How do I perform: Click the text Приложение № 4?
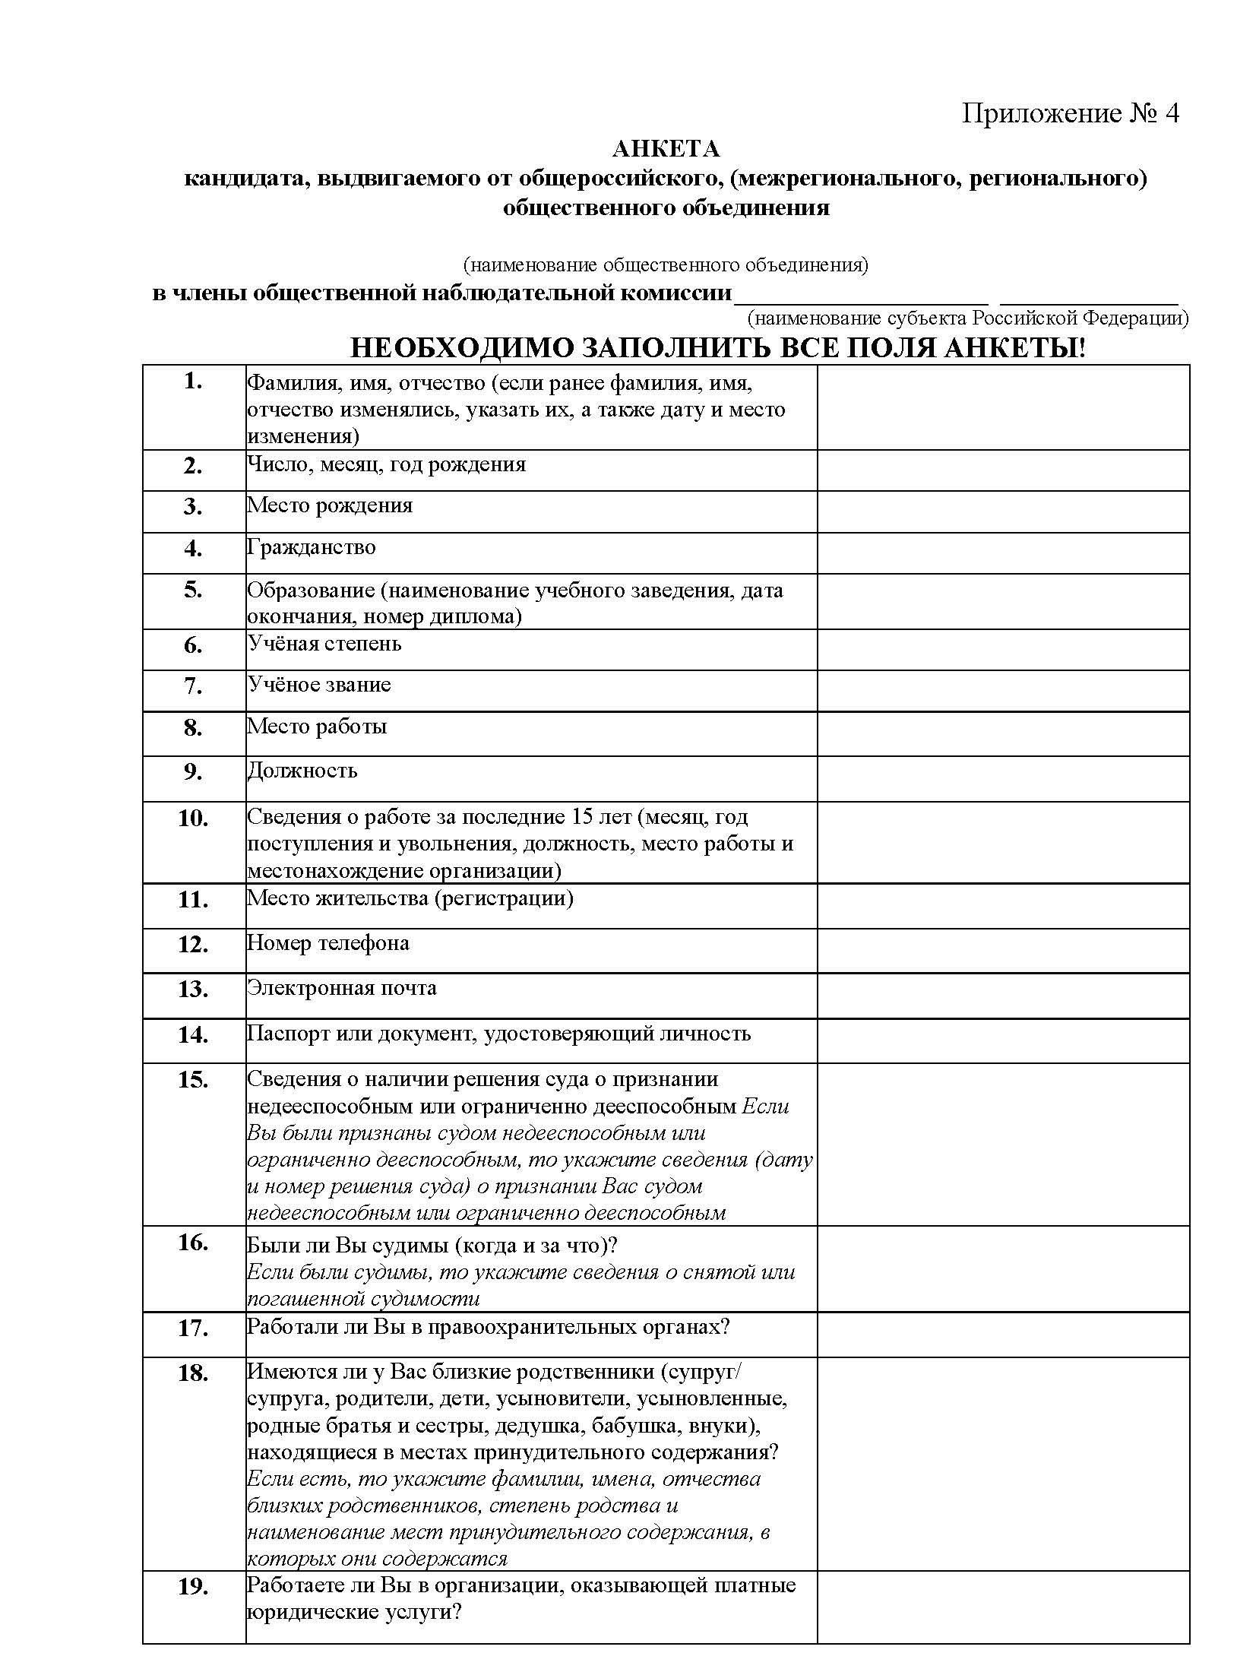[1070, 113]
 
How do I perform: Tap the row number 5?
[193, 590]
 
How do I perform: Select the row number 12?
[193, 945]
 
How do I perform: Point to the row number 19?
[193, 1588]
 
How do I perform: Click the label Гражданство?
[312, 547]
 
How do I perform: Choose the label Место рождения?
[330, 505]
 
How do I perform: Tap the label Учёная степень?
[324, 644]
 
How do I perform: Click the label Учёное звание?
[319, 685]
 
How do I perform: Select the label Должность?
[302, 771]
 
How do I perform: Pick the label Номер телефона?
[328, 943]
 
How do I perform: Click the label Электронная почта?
[342, 988]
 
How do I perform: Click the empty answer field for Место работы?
[1002, 733]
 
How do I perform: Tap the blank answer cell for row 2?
[1002, 470]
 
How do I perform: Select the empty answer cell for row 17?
[1002, 1335]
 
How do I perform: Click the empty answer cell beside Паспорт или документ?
[1002, 1040]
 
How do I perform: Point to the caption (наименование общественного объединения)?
[666, 265]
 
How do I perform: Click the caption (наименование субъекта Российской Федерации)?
[968, 317]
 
